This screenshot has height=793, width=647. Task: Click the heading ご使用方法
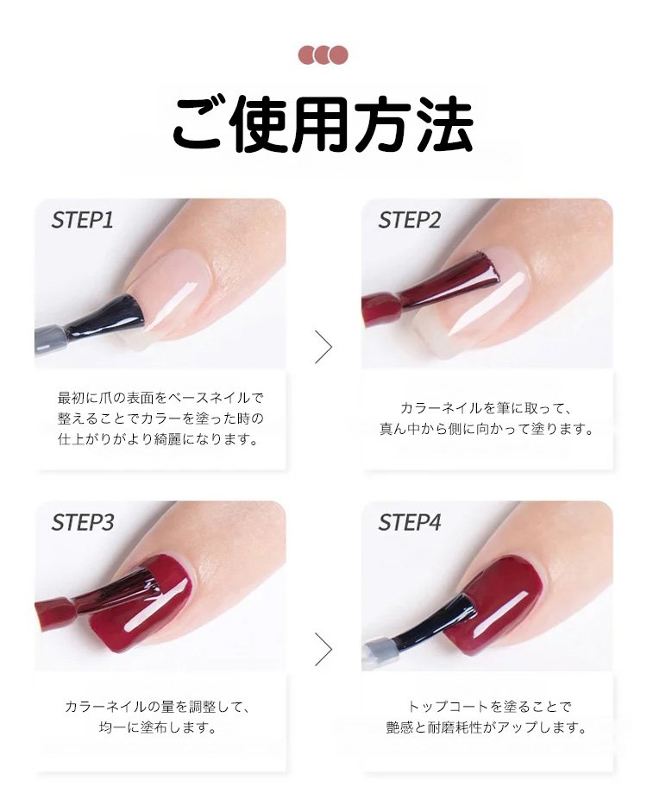point(323,124)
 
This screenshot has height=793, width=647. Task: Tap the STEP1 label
point(83,220)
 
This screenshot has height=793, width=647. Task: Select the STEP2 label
point(410,220)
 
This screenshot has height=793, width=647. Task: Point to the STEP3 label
point(83,522)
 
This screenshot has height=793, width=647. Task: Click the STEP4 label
point(410,522)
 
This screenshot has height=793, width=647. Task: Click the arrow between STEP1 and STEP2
point(324,347)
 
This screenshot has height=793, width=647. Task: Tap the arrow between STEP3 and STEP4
point(324,649)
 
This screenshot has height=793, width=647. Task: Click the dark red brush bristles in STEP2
point(449,281)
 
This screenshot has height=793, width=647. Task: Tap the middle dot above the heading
point(323,54)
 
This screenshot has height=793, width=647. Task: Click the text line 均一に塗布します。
point(158,727)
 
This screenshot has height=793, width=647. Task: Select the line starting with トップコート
point(489,706)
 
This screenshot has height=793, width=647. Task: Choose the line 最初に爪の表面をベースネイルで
point(160,398)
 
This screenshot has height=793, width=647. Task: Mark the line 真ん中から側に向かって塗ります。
point(487,429)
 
